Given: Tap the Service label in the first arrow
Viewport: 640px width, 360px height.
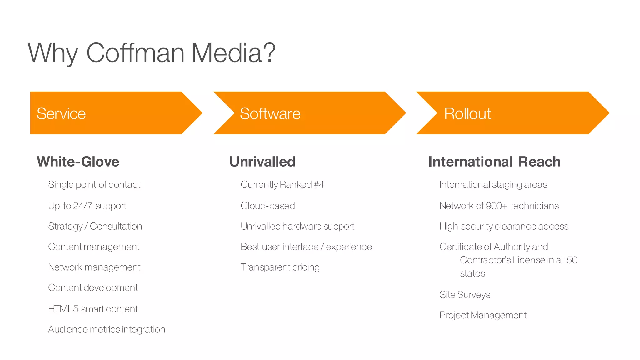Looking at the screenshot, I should pyautogui.click(x=61, y=113).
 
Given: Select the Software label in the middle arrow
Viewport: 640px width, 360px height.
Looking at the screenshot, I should pyautogui.click(x=270, y=113).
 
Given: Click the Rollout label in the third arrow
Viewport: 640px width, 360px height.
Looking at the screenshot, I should pyautogui.click(x=467, y=113).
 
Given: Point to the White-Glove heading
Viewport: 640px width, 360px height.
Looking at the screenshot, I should pyautogui.click(x=78, y=162).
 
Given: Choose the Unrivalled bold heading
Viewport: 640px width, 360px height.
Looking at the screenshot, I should pyautogui.click(x=262, y=162).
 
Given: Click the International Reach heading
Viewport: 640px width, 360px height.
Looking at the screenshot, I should pyautogui.click(x=494, y=162).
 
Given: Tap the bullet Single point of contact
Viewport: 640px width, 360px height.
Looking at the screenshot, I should pyautogui.click(x=94, y=185).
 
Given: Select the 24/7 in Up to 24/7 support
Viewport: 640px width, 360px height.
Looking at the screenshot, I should pyautogui.click(x=82, y=206).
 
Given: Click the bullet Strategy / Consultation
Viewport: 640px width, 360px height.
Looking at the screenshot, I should pyautogui.click(x=95, y=226).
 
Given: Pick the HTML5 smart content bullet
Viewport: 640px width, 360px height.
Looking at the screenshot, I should pyautogui.click(x=93, y=309).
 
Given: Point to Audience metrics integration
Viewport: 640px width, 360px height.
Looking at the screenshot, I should pyautogui.click(x=107, y=329).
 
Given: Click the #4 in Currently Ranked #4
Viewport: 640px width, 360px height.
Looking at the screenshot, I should pyautogui.click(x=319, y=185).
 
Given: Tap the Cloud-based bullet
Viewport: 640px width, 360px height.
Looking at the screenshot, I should pyautogui.click(x=268, y=206).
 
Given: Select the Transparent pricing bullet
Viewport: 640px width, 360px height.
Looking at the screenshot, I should pyautogui.click(x=280, y=267).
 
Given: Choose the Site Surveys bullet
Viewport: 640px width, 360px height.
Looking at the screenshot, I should pyautogui.click(x=465, y=295).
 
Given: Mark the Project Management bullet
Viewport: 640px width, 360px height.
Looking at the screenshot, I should pyautogui.click(x=483, y=315).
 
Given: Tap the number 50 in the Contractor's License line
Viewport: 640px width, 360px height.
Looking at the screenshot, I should pyautogui.click(x=572, y=260).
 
